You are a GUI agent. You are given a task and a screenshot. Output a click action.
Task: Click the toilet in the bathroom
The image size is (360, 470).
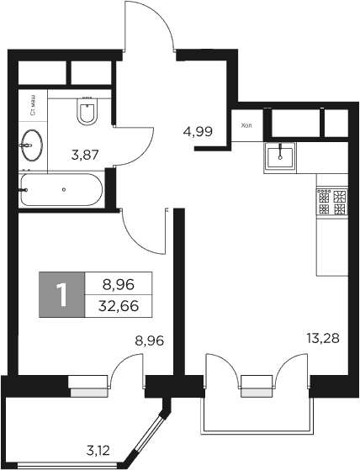coord(87,110)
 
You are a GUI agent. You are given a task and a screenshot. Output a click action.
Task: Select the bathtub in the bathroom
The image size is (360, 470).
coord(61,190)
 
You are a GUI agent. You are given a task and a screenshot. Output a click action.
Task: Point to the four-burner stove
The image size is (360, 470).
coord(331,201)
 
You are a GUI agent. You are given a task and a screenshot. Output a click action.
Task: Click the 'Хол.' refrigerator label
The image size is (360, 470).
coord(246,126)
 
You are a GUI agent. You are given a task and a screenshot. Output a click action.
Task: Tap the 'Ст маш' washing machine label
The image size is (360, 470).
coord(32,107)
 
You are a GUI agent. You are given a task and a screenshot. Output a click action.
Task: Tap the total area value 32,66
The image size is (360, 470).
coord(118,306)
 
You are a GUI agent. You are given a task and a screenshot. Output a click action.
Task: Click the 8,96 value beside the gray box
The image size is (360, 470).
coord(118,284)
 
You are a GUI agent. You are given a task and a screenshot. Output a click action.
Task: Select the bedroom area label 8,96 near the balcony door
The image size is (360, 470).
coord(149,342)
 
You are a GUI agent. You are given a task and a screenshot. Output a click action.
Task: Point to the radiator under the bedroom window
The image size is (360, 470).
coord(87,391)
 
